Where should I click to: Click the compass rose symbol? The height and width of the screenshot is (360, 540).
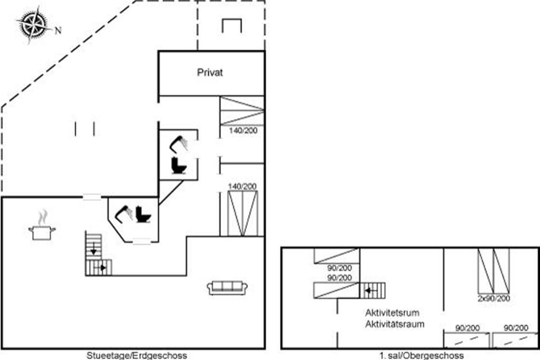pyautogui.click(x=33, y=25)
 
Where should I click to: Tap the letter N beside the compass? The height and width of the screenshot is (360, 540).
pyautogui.click(x=58, y=31)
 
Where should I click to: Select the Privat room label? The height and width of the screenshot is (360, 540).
pyautogui.click(x=210, y=72)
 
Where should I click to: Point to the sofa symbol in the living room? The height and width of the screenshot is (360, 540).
pyautogui.click(x=227, y=288)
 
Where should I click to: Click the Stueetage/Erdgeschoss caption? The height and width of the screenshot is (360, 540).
pyautogui.click(x=137, y=355)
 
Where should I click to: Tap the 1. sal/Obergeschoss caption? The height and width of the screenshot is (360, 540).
pyautogui.click(x=422, y=355)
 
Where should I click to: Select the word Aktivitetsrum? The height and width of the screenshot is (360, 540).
pyautogui.click(x=392, y=313)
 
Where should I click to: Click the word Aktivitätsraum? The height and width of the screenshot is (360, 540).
pyautogui.click(x=395, y=324)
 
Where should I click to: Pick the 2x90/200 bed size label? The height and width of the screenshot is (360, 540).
pyautogui.click(x=494, y=298)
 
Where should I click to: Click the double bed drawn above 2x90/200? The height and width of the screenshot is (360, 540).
pyautogui.click(x=494, y=271)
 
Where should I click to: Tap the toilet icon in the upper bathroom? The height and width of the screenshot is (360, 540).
pyautogui.click(x=179, y=166)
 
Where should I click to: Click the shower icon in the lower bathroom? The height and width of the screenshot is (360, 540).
pyautogui.click(x=123, y=214)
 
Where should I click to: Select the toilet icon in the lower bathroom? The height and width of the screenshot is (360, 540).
pyautogui.click(x=143, y=214)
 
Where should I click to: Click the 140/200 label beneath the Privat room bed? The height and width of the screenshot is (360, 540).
pyautogui.click(x=243, y=130)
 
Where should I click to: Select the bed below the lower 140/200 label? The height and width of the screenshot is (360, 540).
pyautogui.click(x=243, y=213)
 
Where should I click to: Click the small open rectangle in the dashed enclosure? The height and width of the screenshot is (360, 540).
pyautogui.click(x=232, y=26)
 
